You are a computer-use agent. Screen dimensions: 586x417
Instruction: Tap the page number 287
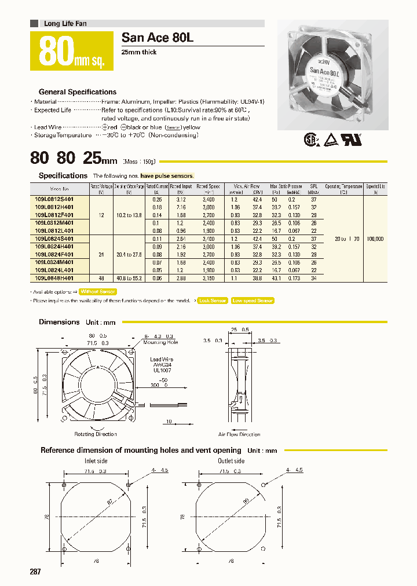tap(35, 572)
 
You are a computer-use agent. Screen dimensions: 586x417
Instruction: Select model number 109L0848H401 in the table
tap(58, 277)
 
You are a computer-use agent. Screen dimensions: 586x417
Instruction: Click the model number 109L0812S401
tap(58, 199)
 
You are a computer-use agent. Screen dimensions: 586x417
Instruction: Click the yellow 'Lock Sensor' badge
tap(212, 301)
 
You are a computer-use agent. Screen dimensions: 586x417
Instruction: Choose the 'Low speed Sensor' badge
tap(252, 301)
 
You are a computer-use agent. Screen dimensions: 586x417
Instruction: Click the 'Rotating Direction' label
tap(96, 434)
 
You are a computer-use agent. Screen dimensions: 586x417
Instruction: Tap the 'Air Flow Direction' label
tap(239, 434)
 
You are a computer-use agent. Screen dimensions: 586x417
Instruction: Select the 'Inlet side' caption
tap(96, 461)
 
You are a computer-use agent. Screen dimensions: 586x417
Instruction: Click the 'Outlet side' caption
tap(231, 461)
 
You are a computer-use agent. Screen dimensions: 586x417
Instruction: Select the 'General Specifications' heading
tap(77, 91)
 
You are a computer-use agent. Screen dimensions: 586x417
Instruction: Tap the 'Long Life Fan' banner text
tap(65, 24)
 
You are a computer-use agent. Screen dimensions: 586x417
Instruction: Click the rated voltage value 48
tap(101, 277)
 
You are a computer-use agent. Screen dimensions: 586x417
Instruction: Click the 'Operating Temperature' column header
tap(343, 186)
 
